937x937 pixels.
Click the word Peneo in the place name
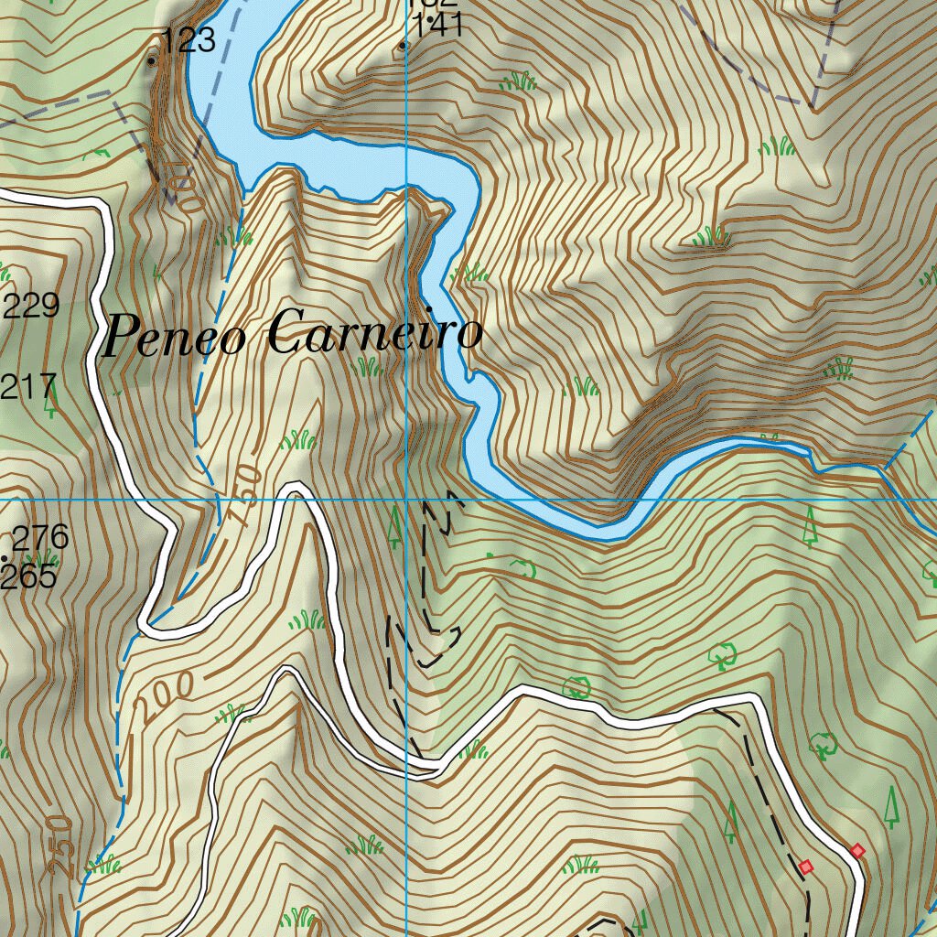[174, 337]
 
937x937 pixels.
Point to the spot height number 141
[438, 26]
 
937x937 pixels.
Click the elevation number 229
[31, 306]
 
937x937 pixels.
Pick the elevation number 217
[29, 386]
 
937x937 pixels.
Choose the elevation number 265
[29, 577]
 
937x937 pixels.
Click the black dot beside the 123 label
[152, 61]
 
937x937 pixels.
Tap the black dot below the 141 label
[404, 45]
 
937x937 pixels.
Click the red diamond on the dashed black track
[805, 866]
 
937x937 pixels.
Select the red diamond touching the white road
[857, 851]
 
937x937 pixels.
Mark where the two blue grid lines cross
[406, 500]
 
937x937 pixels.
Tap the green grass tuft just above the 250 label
[104, 864]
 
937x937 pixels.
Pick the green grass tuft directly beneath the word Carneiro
[368, 367]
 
